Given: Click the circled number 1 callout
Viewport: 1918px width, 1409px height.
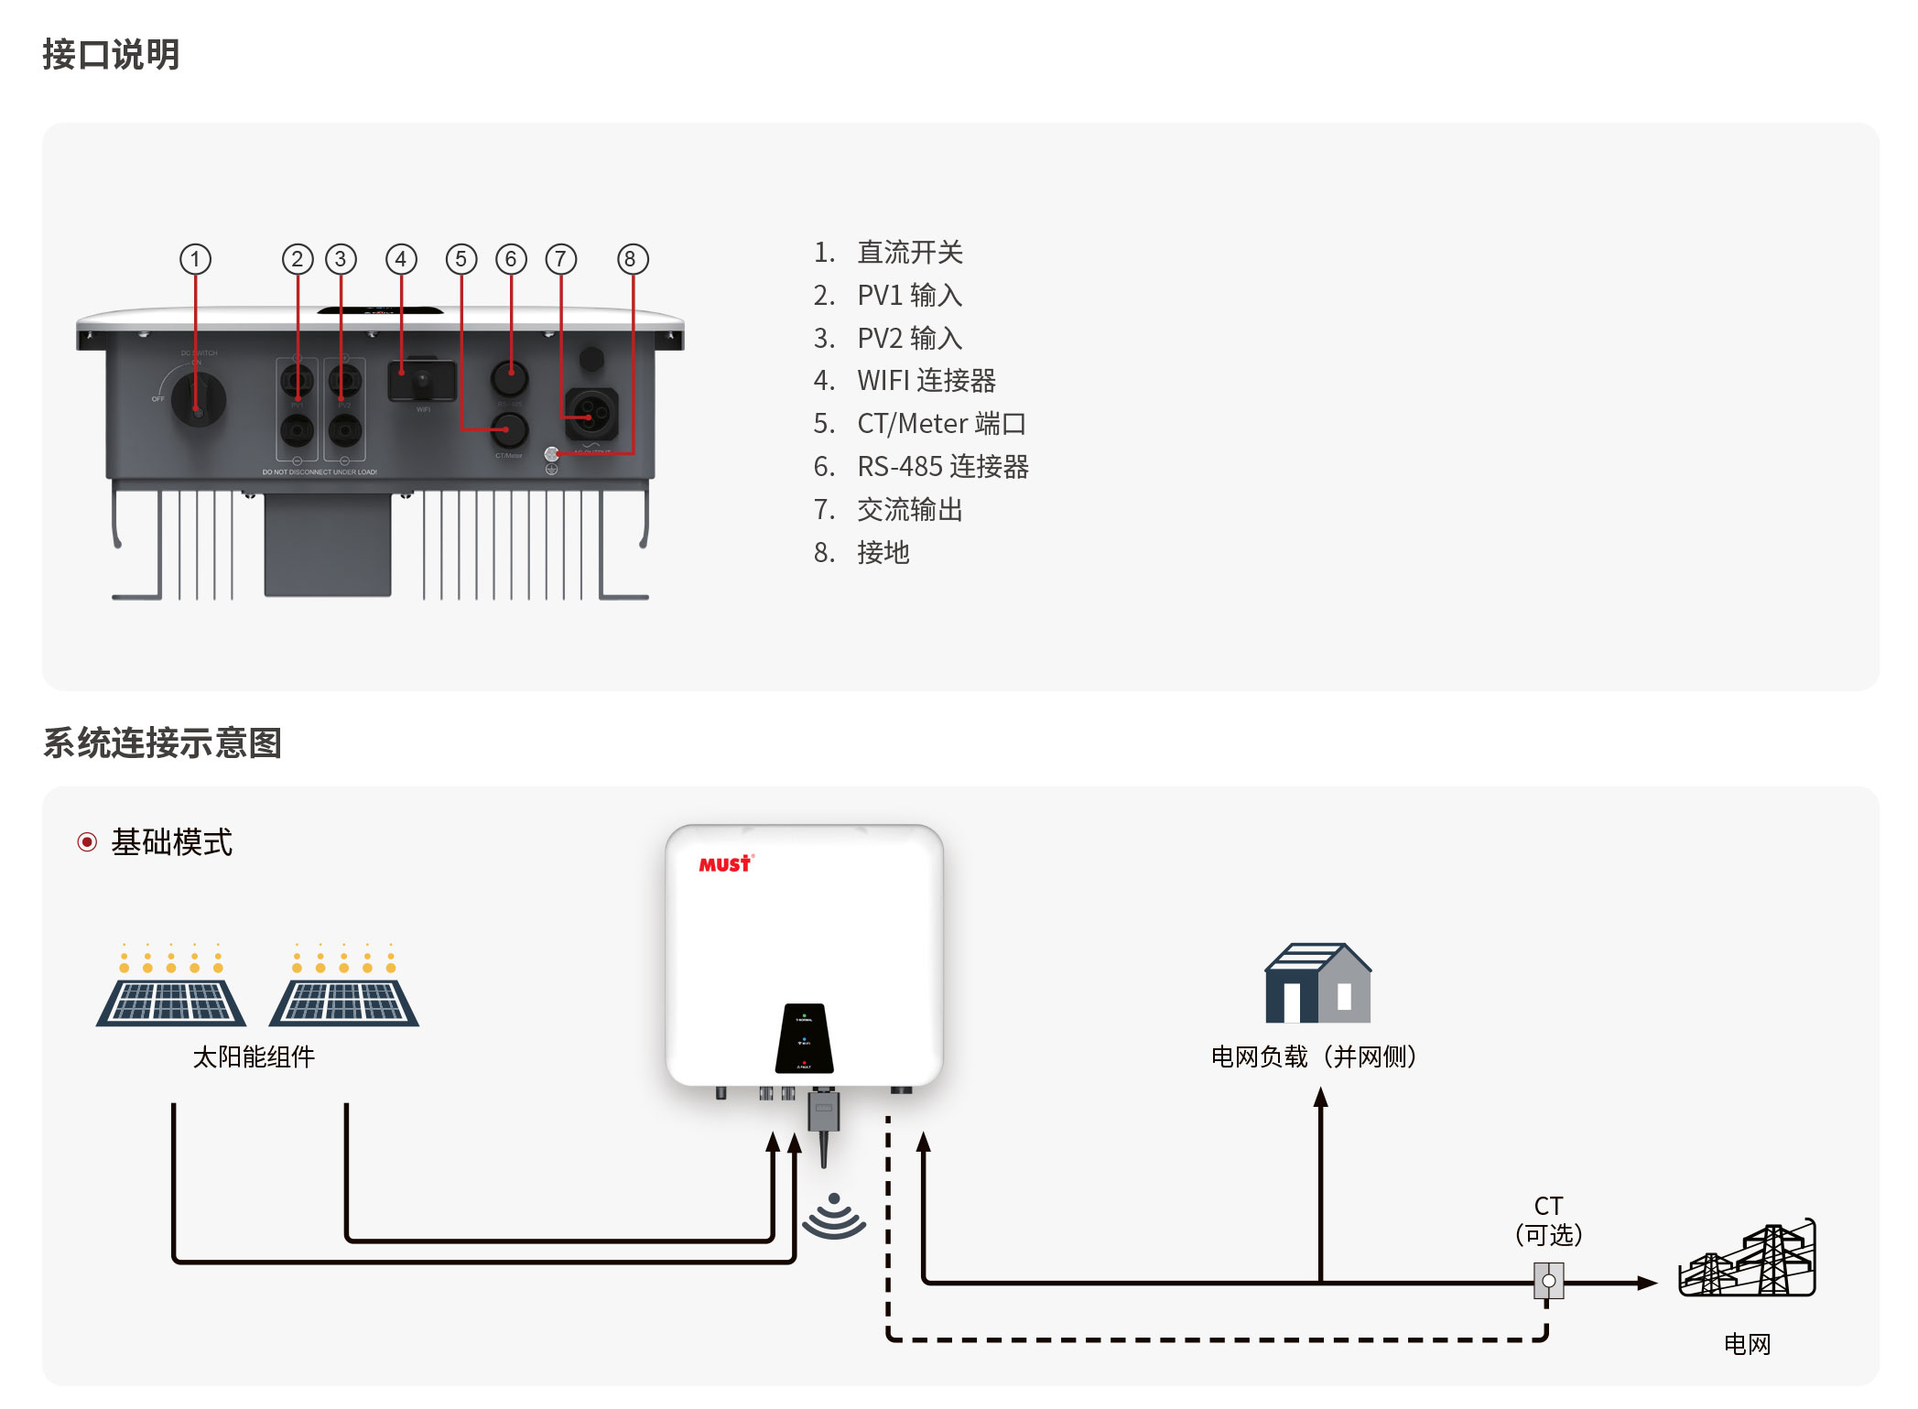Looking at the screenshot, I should coord(195,259).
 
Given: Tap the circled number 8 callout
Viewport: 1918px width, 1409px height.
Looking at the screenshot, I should coord(632,259).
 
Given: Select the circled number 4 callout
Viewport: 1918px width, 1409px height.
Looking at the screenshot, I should coord(401,259).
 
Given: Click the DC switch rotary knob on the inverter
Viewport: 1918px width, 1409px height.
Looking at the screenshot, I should coord(198,398).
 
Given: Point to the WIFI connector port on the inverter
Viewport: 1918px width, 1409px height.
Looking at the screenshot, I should coord(421,380).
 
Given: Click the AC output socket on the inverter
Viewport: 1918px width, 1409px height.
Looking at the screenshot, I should coord(591,414).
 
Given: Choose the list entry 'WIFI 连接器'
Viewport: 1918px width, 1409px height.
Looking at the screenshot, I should coord(926,381).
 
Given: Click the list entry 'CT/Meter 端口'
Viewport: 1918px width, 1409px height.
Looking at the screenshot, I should coord(940,424).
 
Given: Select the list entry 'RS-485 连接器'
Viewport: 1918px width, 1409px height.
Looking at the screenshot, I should coord(942,467).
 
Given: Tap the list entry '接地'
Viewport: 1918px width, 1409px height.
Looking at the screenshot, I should coord(883,553).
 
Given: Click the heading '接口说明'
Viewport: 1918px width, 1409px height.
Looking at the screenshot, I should coord(111,55).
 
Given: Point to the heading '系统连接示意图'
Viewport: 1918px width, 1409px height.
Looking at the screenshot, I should coord(162,742).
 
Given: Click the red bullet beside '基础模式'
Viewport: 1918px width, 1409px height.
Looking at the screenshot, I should coord(87,842).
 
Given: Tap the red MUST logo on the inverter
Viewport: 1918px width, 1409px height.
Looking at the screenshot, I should coord(725,864).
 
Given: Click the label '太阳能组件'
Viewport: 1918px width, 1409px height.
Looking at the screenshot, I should coord(254,1057).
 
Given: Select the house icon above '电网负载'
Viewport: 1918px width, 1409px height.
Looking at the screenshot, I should coord(1317,984).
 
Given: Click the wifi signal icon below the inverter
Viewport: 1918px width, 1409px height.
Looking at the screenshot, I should coord(833,1217).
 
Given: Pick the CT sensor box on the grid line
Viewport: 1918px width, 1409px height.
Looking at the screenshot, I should coord(1548,1281).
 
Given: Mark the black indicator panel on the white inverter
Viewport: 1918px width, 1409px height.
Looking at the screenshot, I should coord(804,1039).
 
